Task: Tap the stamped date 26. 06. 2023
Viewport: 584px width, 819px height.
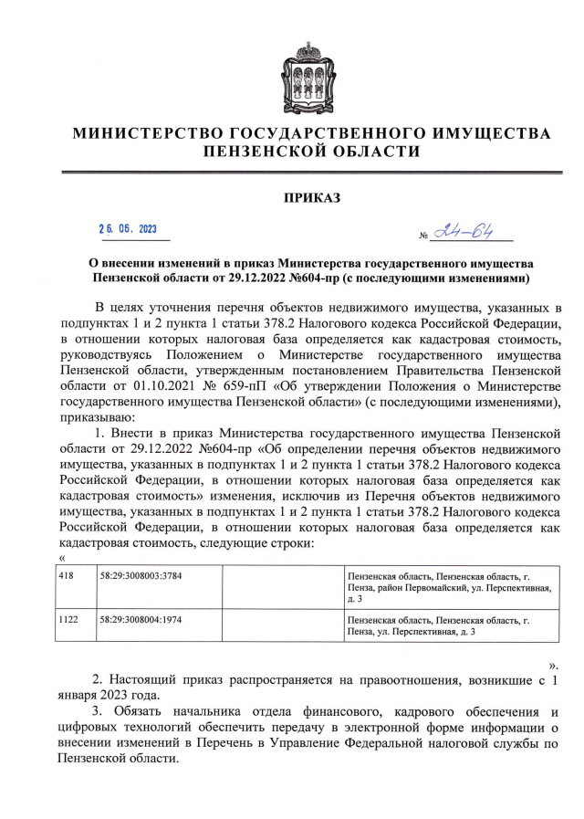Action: [128, 229]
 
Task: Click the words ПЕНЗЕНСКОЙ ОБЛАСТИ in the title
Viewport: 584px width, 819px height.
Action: [311, 152]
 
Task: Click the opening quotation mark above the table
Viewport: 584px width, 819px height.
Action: [61, 558]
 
